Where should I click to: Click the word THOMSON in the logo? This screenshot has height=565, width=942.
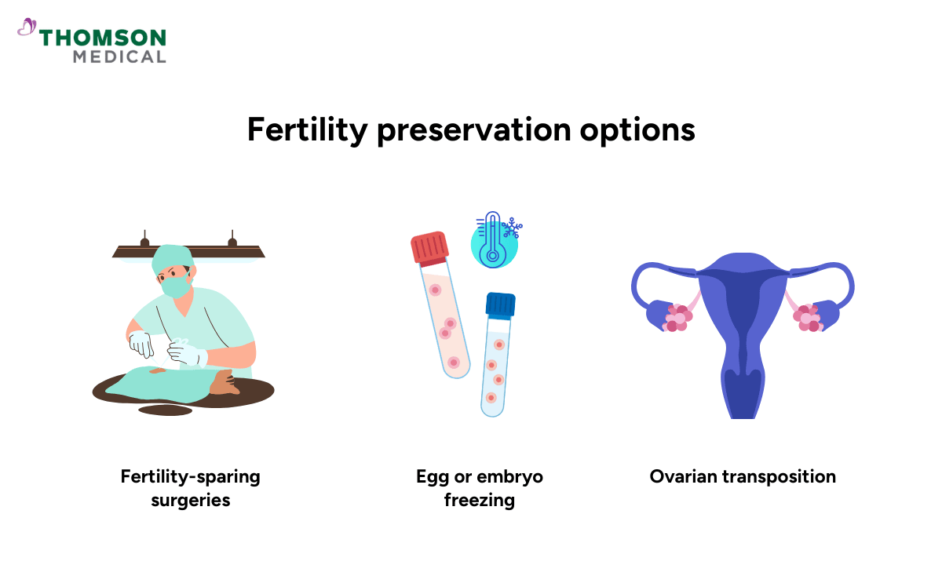coord(103,38)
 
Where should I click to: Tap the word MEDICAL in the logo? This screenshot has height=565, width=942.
coord(119,57)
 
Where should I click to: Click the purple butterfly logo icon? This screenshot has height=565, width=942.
coord(27,28)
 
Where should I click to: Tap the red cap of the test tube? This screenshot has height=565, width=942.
coord(429,247)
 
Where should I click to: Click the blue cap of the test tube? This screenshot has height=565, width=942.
coord(500,304)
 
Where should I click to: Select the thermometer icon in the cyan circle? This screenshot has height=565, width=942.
coord(493,237)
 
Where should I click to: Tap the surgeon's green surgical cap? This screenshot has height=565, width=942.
coord(173,257)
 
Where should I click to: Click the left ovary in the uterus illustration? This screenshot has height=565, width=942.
coord(677,318)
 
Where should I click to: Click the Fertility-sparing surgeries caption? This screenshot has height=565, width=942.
coord(190,487)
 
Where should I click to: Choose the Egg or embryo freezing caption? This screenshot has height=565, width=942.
coord(479,487)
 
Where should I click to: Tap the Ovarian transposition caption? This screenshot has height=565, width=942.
coord(743,476)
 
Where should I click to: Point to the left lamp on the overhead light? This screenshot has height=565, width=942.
coord(144,242)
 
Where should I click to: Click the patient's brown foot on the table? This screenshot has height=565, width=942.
coord(224,384)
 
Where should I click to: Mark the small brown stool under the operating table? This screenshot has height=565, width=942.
coord(165,410)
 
